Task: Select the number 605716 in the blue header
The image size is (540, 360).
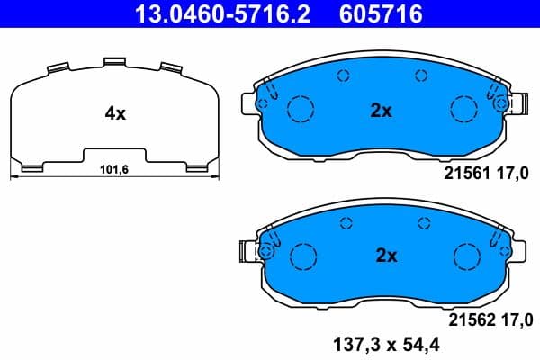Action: pyautogui.click(x=382, y=14)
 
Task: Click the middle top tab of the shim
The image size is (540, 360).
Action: pyautogui.click(x=114, y=62)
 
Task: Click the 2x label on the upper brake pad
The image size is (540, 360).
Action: pyautogui.click(x=382, y=112)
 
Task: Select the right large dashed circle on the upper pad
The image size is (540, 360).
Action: pyautogui.click(x=463, y=109)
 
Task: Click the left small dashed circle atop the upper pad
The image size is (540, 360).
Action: pyautogui.click(x=342, y=76)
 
